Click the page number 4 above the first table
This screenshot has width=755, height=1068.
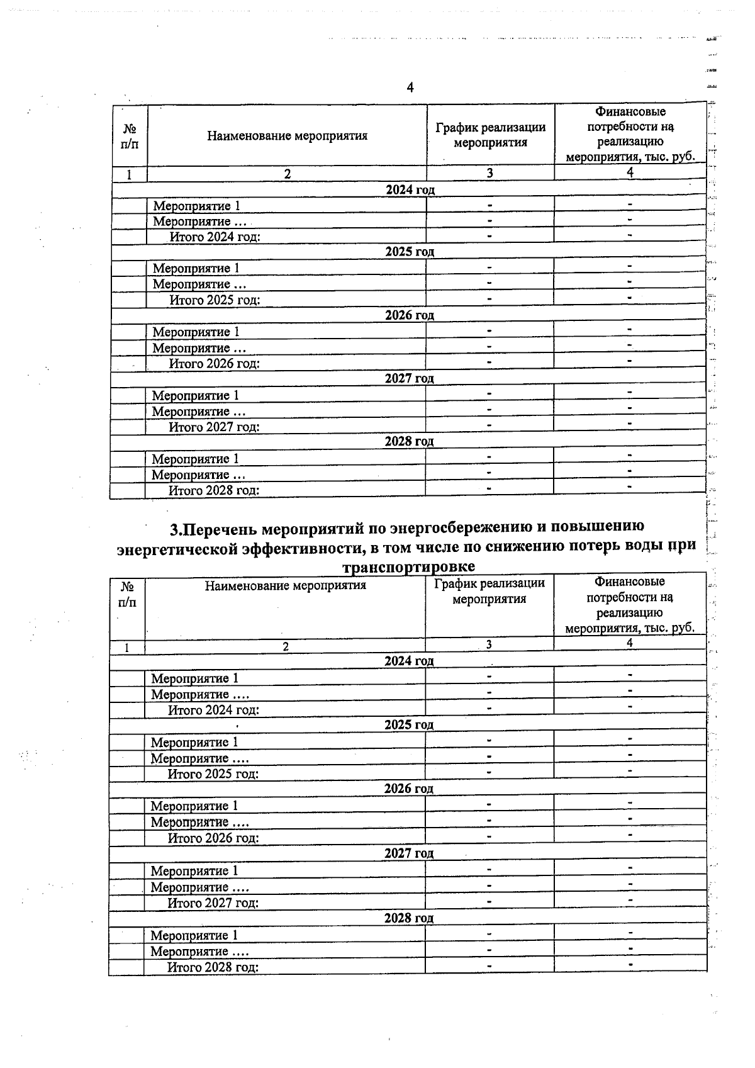[x=410, y=87]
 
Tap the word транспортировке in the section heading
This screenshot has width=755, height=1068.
[x=408, y=566]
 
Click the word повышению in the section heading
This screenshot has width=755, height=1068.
[x=590, y=526]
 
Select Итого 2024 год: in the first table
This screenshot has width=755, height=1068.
[x=215, y=237]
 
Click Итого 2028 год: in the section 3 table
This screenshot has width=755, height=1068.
[x=213, y=967]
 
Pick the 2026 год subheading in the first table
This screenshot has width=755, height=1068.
[x=410, y=315]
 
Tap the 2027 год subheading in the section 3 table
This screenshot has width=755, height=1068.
[x=409, y=853]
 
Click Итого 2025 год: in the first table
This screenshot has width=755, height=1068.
[x=215, y=300]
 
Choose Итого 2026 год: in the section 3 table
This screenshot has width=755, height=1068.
[x=213, y=838]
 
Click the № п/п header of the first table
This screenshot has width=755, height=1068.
[x=130, y=136]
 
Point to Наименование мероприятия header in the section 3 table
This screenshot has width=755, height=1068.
[x=285, y=586]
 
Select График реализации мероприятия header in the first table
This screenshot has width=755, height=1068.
[x=490, y=135]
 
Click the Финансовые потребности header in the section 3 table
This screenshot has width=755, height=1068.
[x=629, y=605]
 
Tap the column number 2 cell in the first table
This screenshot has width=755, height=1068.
[x=287, y=174]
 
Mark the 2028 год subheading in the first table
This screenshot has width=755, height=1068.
[x=409, y=441]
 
